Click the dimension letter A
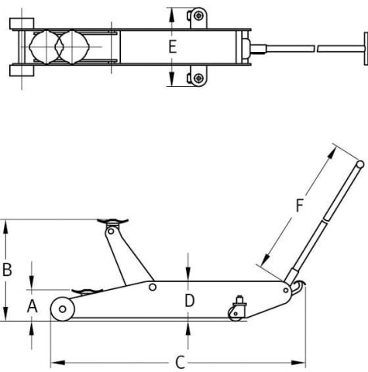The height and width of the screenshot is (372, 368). click(x=33, y=306)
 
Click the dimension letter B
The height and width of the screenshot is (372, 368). click(x=7, y=270)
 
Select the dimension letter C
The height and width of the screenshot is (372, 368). click(x=181, y=363)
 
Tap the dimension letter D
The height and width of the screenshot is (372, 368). click(x=190, y=301)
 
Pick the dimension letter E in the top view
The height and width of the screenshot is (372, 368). click(x=173, y=47)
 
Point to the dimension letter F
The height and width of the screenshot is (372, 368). click(x=299, y=205)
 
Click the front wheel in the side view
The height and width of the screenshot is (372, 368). click(x=63, y=309)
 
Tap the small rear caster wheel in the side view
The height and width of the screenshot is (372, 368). click(x=236, y=314)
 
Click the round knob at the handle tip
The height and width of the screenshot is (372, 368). click(x=360, y=164)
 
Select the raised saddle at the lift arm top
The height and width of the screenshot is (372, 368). click(x=112, y=222)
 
